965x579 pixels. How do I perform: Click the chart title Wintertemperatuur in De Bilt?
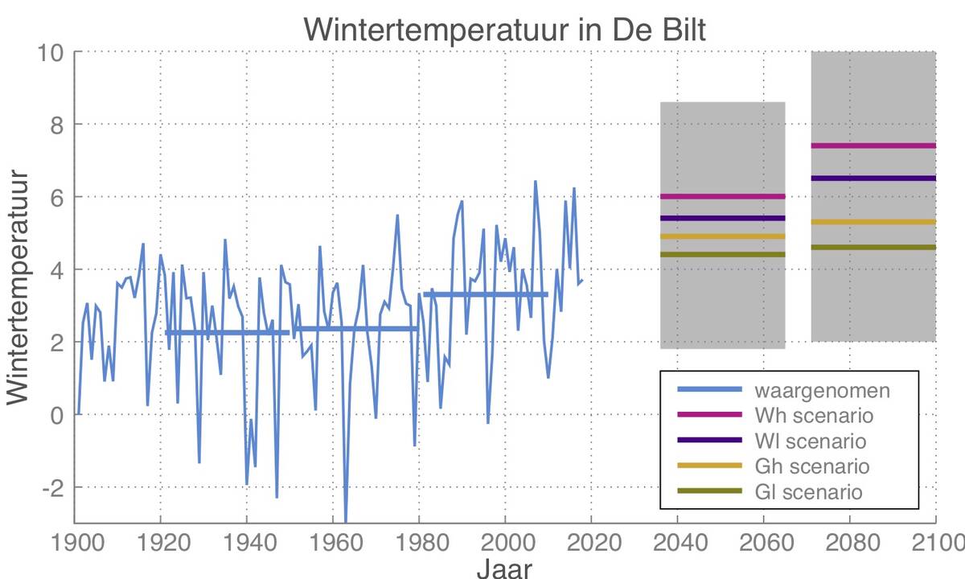pyautogui.click(x=504, y=31)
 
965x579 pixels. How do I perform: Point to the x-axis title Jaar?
pyautogui.click(x=504, y=568)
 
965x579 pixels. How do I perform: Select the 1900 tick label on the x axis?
pyautogui.click(x=76, y=540)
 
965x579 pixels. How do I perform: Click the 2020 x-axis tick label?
pyautogui.click(x=591, y=540)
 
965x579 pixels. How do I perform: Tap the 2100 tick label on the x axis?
pyautogui.click(x=934, y=540)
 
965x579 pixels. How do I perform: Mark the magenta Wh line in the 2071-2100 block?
pyautogui.click(x=873, y=146)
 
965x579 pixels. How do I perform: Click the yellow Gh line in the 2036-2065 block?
pyautogui.click(x=722, y=236)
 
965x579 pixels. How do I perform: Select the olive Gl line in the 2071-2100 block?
pyautogui.click(x=873, y=247)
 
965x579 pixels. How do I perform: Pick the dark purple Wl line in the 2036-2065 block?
pyautogui.click(x=722, y=218)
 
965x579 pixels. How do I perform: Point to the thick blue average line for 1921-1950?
pyautogui.click(x=227, y=333)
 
